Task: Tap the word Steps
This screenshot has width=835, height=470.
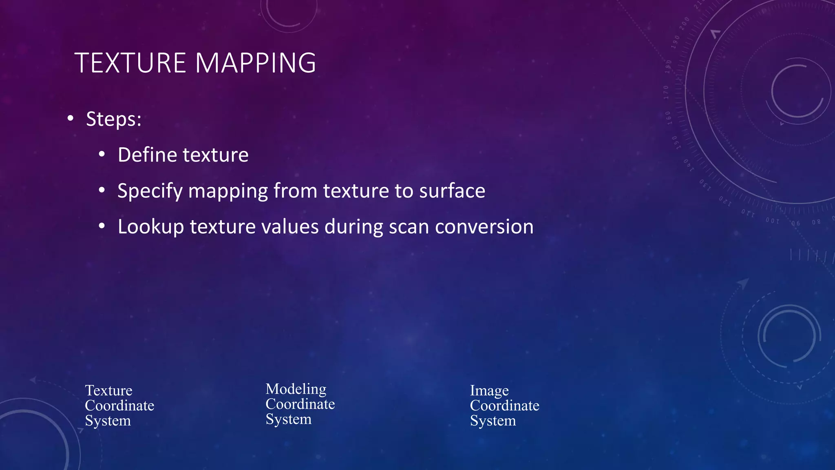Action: (113, 119)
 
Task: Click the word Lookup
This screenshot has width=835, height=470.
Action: (150, 227)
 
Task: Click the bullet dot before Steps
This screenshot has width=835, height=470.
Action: (71, 119)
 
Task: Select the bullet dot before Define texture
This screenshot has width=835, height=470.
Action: (102, 155)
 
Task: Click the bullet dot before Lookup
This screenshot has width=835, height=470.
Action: (102, 226)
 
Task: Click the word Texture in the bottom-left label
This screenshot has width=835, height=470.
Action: (108, 390)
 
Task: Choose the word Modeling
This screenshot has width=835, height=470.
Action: (296, 389)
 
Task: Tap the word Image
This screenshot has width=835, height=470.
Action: (489, 390)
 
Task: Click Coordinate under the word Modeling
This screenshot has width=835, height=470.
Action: (300, 404)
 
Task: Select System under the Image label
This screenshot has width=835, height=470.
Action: (493, 421)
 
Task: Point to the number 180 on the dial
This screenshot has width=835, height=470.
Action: (668, 67)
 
